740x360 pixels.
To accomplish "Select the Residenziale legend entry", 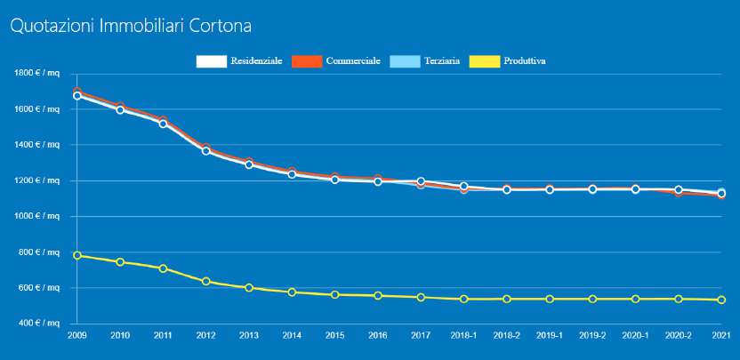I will coord(238,60).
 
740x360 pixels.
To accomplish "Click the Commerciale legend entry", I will coord(335,60).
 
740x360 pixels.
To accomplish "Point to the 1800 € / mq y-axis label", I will coord(36,73).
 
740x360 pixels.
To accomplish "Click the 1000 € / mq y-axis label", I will coord(36,216).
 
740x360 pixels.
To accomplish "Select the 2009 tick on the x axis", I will coord(77,336).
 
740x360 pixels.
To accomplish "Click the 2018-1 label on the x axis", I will coord(463,336).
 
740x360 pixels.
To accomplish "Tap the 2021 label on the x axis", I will coord(721,336).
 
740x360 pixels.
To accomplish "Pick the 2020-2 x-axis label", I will coord(679,336).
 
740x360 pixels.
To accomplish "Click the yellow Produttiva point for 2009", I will coord(77,255).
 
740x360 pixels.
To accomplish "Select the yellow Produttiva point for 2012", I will coord(206,282).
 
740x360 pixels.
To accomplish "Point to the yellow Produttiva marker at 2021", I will coord(721,300).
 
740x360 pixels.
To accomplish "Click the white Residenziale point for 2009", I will coord(77,96).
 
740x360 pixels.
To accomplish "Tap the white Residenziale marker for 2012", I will coord(206,150).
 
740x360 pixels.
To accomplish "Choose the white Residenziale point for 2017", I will coord(421,181).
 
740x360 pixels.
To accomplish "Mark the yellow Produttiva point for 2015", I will coord(334,294).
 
